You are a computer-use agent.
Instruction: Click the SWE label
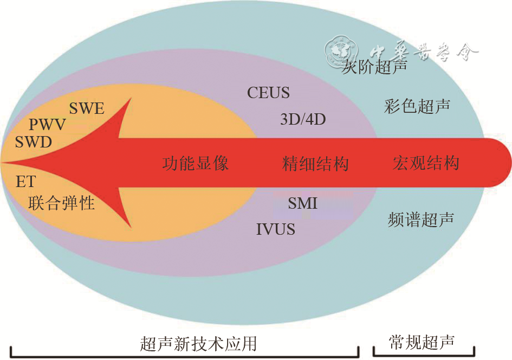coord(87,108)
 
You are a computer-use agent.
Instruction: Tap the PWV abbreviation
coord(47,125)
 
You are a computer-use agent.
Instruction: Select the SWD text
coord(34,143)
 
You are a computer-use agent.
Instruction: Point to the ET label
coord(25,182)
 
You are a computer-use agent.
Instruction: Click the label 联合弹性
coord(62,203)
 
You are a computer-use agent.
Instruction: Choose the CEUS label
coord(268,93)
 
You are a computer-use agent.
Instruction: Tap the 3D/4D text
coord(303,119)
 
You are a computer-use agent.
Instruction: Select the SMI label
coord(303,203)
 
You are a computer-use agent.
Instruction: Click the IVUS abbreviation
coord(276,229)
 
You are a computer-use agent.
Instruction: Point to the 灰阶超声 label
coord(375,68)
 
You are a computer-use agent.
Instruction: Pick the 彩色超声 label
coord(417,106)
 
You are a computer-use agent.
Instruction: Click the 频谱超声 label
coord(421,220)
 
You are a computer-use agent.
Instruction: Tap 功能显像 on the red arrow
coord(195,163)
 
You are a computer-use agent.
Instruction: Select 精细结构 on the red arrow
coord(315,163)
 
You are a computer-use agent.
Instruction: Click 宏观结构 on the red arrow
coord(426,163)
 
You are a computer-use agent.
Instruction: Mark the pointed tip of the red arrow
coord(4,162)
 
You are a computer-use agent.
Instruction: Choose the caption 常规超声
coord(422,342)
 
